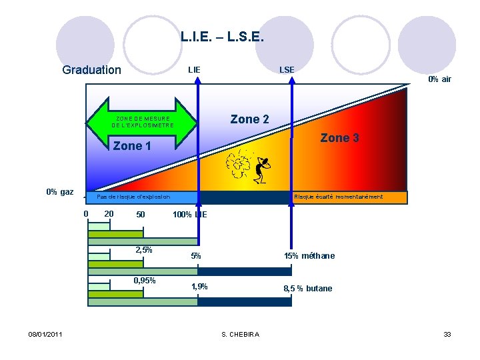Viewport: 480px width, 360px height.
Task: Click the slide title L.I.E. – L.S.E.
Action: pyautogui.click(x=223, y=38)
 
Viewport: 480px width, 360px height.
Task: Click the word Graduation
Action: pyautogui.click(x=91, y=70)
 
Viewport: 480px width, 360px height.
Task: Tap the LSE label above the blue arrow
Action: pyautogui.click(x=287, y=69)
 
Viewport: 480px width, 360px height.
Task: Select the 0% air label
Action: pyautogui.click(x=439, y=79)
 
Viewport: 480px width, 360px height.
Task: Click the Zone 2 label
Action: pyautogui.click(x=249, y=119)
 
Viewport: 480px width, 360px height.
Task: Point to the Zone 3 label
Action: pyautogui.click(x=339, y=138)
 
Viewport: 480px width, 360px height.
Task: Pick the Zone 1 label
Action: pyautogui.click(x=132, y=146)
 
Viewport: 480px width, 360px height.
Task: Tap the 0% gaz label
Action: pyautogui.click(x=60, y=192)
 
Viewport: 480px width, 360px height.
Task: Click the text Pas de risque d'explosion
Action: pyautogui.click(x=133, y=197)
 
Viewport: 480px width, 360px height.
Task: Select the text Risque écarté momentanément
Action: pyautogui.click(x=338, y=197)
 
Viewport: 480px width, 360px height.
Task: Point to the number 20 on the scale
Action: pyautogui.click(x=109, y=214)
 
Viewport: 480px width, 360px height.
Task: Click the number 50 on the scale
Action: pyautogui.click(x=140, y=215)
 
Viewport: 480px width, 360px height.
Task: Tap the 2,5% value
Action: pyautogui.click(x=143, y=251)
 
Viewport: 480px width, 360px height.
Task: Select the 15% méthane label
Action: pyautogui.click(x=309, y=256)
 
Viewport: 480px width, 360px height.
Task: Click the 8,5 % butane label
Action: pyautogui.click(x=307, y=289)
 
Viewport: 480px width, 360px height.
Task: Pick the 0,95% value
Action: pyautogui.click(x=145, y=280)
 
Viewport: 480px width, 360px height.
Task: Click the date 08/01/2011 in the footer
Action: pyautogui.click(x=45, y=334)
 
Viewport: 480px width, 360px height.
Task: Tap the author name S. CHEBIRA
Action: pyautogui.click(x=241, y=334)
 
